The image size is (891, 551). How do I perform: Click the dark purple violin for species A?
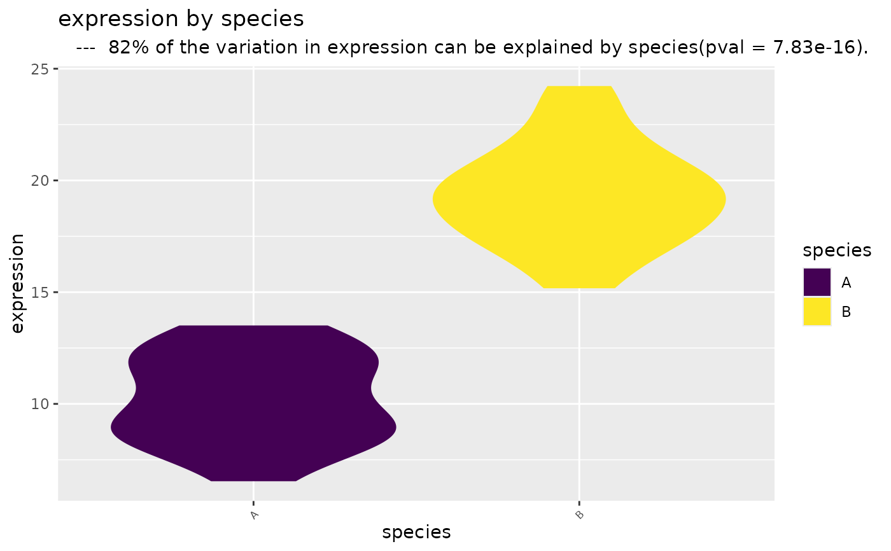click(253, 403)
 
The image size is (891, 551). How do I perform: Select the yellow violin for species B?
click(579, 187)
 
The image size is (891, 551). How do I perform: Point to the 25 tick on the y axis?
click(39, 69)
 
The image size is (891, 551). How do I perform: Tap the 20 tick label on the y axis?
click(39, 181)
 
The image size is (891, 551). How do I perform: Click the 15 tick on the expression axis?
click(39, 293)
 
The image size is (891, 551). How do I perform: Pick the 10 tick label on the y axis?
click(39, 404)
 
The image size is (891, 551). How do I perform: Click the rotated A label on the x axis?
click(254, 515)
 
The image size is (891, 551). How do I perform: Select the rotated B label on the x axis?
click(580, 515)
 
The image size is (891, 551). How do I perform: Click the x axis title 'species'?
click(416, 533)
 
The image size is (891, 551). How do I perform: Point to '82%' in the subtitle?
click(129, 47)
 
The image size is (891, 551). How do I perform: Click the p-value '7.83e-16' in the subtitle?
click(814, 47)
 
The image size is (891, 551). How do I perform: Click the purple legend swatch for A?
click(817, 282)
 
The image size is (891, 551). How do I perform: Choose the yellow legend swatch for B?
click(817, 312)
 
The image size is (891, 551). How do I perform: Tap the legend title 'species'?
click(837, 251)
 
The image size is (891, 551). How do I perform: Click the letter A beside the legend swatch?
click(846, 282)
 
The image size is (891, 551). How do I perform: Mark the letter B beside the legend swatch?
click(846, 312)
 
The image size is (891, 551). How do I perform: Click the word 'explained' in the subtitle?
click(548, 48)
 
